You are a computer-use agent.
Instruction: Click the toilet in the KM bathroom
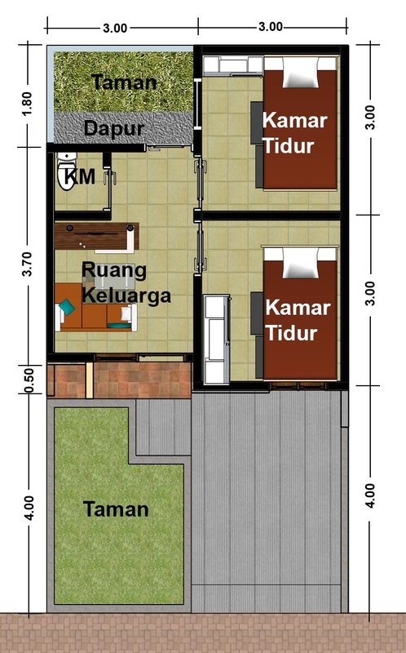click(67, 171)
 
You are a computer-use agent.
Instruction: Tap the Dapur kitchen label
click(113, 128)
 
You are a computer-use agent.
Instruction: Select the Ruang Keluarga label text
click(126, 282)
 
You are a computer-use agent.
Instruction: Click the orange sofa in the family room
click(95, 308)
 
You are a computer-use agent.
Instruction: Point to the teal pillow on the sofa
click(67, 307)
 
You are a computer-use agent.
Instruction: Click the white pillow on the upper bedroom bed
click(300, 73)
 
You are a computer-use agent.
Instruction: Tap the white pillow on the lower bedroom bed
click(300, 263)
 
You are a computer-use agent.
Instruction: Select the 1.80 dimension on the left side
click(27, 104)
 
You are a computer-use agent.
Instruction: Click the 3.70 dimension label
click(27, 264)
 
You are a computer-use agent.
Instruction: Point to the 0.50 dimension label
click(29, 380)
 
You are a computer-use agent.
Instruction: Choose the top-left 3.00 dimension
click(115, 28)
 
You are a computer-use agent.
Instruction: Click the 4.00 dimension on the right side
click(369, 495)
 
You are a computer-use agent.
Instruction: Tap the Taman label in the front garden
click(116, 509)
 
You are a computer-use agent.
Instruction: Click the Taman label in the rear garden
click(124, 82)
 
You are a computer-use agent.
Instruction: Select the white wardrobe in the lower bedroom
click(216, 339)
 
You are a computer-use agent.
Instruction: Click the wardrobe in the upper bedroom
click(233, 65)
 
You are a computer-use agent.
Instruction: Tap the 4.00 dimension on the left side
click(29, 508)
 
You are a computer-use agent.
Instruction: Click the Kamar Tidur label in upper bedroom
click(294, 133)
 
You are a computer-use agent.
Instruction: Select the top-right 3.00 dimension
click(271, 27)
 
